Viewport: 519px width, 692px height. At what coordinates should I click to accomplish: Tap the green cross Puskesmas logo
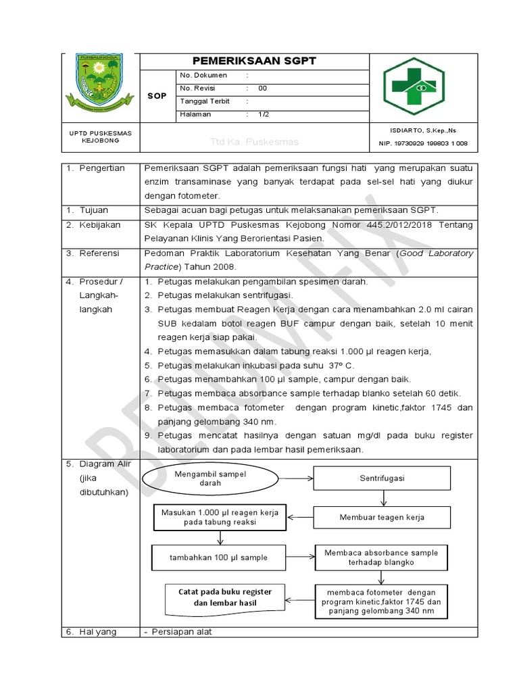414,86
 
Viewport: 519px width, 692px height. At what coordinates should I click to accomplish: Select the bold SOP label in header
157,95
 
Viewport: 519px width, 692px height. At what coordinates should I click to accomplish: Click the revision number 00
262,89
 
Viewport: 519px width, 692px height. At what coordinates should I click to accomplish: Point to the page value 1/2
263,114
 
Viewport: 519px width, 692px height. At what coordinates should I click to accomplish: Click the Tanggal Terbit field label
205,101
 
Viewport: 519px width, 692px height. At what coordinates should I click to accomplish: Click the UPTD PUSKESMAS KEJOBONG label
100,137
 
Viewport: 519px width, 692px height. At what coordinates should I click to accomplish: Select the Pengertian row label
102,168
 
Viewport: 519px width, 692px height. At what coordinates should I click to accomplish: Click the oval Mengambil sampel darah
210,478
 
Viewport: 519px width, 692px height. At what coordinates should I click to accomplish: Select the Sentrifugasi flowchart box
382,478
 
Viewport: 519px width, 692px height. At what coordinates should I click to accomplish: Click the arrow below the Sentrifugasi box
383,498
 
